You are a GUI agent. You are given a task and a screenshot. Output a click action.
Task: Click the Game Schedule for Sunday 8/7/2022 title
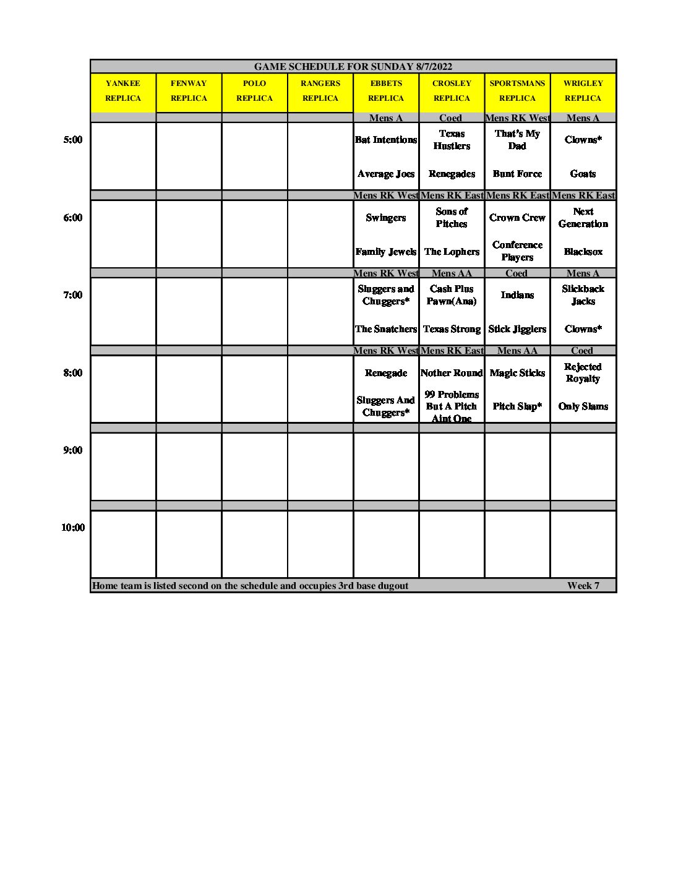click(x=353, y=67)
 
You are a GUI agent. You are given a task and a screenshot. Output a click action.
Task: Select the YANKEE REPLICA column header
click(x=123, y=91)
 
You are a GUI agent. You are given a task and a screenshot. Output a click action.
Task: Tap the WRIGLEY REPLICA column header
click(x=583, y=91)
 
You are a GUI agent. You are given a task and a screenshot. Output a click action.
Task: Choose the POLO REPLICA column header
click(x=254, y=91)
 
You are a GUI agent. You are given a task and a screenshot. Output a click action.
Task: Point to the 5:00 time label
click(x=72, y=140)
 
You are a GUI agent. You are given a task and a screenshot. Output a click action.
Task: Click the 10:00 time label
click(x=72, y=528)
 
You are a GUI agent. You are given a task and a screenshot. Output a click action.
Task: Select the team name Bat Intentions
click(x=386, y=140)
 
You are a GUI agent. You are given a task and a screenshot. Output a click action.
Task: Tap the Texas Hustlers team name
click(x=452, y=140)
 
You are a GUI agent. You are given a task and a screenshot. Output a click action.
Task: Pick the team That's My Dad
click(x=517, y=140)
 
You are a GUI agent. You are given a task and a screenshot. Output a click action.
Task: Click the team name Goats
click(x=583, y=174)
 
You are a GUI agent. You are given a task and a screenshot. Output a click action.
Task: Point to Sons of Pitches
click(x=452, y=218)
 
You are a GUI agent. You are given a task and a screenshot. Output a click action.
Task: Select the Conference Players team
click(x=517, y=251)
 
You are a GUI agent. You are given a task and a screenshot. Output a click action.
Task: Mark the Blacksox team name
click(x=583, y=252)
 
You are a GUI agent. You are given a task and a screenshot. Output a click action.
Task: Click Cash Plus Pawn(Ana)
click(x=452, y=295)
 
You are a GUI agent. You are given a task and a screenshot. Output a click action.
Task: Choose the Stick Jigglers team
click(x=517, y=329)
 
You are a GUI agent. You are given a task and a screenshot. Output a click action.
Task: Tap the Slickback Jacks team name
click(x=583, y=295)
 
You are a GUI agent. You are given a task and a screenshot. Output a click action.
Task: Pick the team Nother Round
click(x=452, y=373)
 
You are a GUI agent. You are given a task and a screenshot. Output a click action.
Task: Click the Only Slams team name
click(x=583, y=406)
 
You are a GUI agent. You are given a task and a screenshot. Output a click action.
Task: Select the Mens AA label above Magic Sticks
click(x=517, y=351)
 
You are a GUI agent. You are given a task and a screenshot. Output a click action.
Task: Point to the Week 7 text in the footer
click(x=583, y=586)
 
